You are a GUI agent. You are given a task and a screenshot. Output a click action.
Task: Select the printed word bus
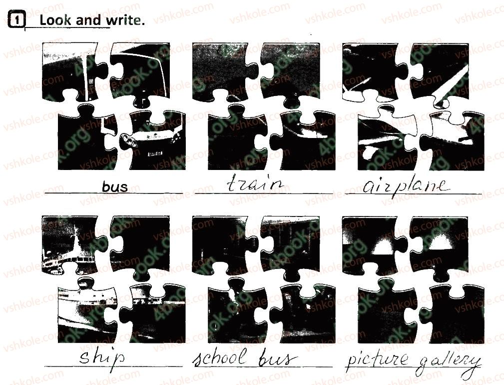tap(115, 187)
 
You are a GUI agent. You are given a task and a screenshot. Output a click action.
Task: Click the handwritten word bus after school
tap(277, 358)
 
